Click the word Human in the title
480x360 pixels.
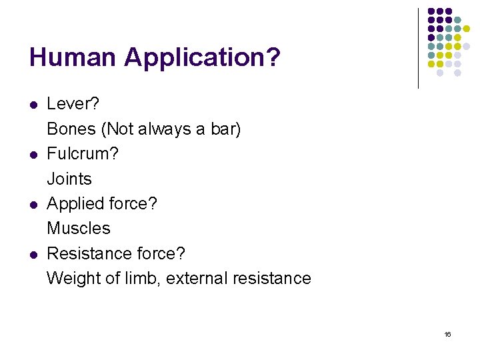[73, 57]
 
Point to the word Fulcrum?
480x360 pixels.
[83, 153]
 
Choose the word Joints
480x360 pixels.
[69, 179]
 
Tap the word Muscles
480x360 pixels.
[78, 228]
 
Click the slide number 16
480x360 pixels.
[447, 334]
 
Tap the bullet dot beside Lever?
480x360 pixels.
[32, 105]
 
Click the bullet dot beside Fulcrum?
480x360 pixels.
[32, 154]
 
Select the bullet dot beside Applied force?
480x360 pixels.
[32, 204]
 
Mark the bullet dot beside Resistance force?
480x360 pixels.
[32, 254]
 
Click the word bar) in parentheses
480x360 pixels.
[225, 129]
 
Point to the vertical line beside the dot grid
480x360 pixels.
[418, 48]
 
